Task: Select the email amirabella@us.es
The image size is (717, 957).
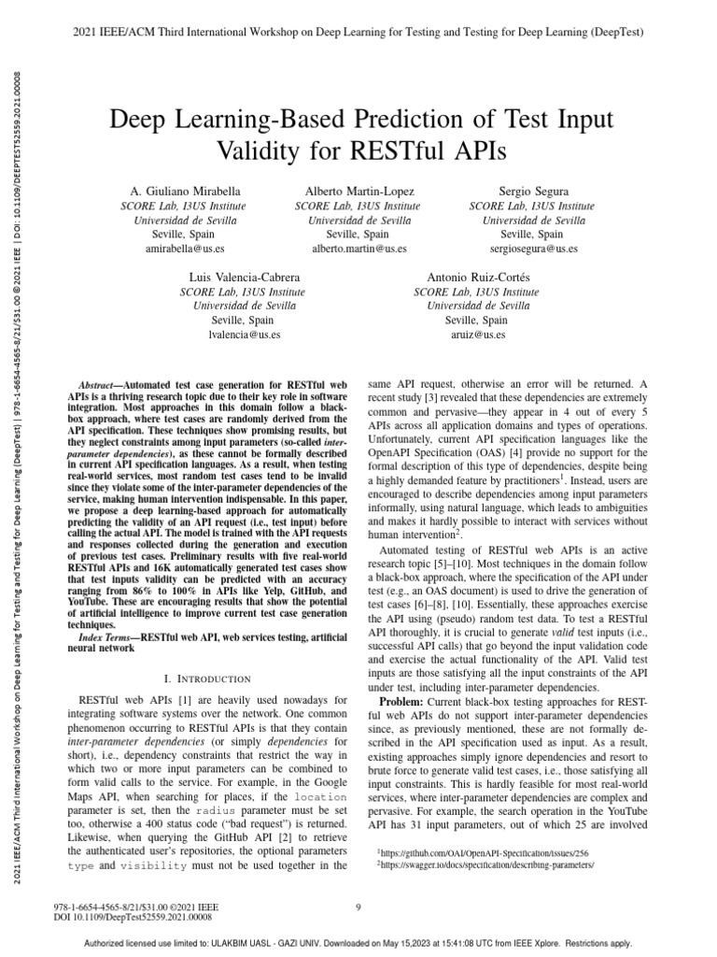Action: tap(186, 250)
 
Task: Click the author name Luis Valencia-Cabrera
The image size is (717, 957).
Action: tap(246, 278)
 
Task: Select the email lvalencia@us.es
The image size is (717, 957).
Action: tap(246, 335)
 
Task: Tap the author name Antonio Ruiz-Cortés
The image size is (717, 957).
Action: tap(477, 278)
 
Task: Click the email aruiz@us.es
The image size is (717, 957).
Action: tap(479, 335)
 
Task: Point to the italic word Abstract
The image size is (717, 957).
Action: tap(95, 385)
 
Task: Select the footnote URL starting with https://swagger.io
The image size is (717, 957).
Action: tap(485, 866)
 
